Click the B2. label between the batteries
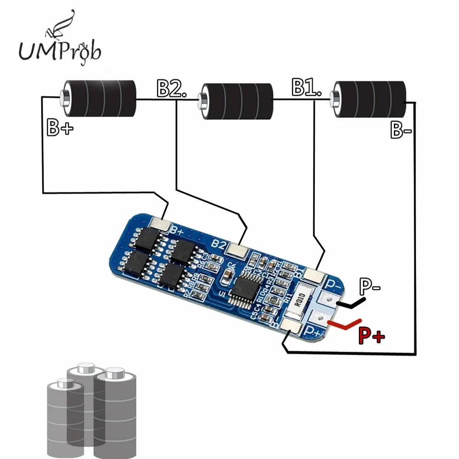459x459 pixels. [172, 89]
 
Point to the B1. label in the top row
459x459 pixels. [306, 87]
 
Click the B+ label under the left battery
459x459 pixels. [60, 129]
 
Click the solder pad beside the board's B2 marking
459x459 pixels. [238, 250]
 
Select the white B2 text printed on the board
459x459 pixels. [219, 244]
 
